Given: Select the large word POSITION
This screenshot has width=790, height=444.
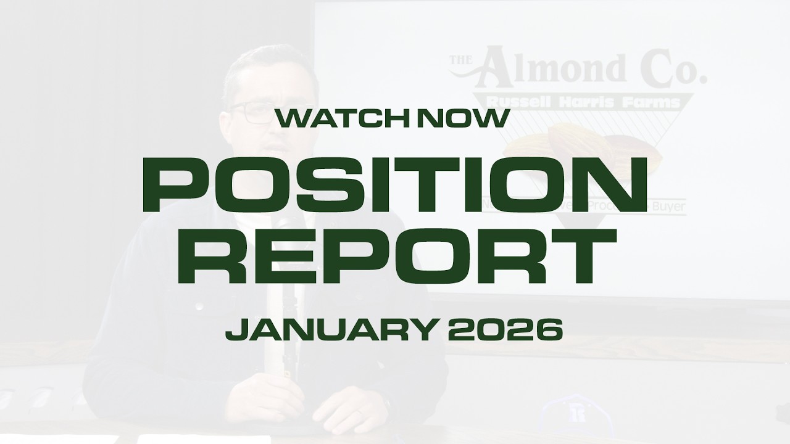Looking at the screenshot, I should [394, 183].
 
